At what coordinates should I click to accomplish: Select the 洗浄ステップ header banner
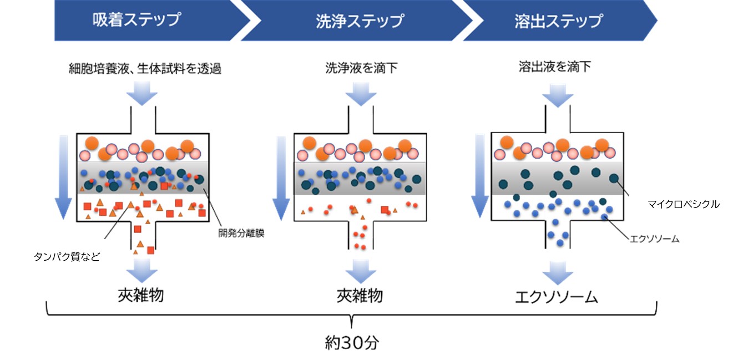click(x=360, y=21)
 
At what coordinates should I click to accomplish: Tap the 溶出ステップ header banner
click(x=558, y=21)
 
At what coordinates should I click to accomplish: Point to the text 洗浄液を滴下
click(x=361, y=68)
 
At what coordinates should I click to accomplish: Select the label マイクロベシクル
click(x=683, y=204)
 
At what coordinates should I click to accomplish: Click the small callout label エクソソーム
click(x=654, y=239)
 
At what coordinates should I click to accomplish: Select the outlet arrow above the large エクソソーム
click(x=557, y=272)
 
